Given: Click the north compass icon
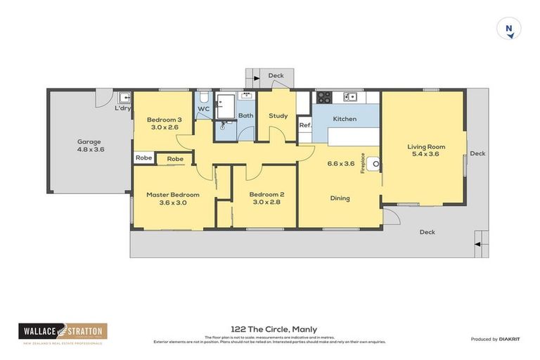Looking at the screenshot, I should coord(508,29).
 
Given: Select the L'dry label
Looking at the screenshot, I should coord(122,108).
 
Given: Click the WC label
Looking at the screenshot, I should coord(203,110).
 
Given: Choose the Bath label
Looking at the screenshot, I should coord(245,115).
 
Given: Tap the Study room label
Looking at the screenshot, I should coord(278,115).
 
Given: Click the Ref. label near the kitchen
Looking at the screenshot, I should coord(304,125).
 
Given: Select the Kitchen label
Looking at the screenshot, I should coord(345,119).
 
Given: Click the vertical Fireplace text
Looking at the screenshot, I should coord(363,164).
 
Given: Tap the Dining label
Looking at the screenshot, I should coord(340,198).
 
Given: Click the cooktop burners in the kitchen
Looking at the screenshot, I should coord(323,97).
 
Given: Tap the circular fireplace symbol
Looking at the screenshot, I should coord(375,164).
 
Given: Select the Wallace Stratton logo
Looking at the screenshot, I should coord(63,332).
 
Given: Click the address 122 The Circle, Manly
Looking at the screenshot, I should coord(274,329).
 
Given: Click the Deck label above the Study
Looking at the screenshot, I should coord(276,75).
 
